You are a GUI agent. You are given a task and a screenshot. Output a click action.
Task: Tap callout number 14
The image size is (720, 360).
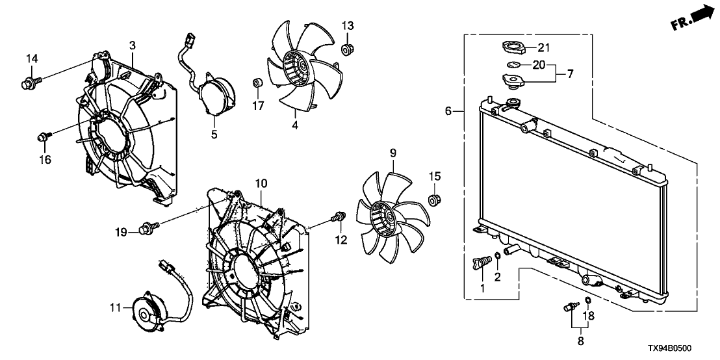[x=32, y=59]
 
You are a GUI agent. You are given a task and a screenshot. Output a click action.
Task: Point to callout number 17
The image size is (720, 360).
[x=258, y=105]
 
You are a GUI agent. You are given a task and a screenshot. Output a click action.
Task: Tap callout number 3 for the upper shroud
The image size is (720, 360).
[x=132, y=45]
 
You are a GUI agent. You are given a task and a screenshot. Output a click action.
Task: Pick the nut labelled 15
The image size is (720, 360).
[x=433, y=198]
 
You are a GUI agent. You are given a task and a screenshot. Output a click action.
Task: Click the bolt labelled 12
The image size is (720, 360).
[x=337, y=218]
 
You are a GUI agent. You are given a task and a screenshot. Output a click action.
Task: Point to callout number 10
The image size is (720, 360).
[x=260, y=185]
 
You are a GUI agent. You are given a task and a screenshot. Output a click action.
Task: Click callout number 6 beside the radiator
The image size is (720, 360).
[x=448, y=112]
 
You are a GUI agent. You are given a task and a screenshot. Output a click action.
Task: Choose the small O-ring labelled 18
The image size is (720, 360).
[x=587, y=300]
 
